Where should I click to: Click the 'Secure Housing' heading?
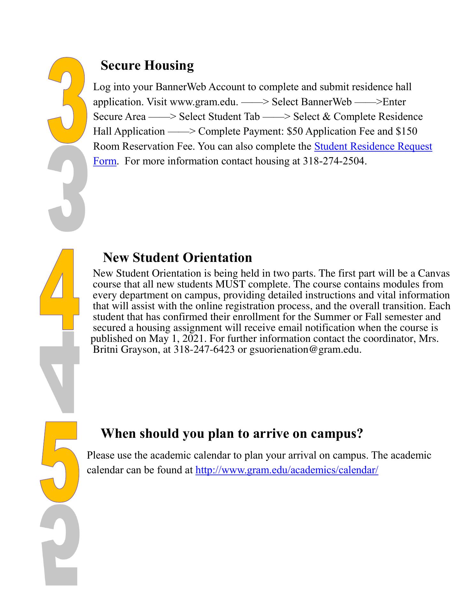(x=147, y=65)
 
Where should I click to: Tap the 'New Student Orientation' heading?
(x=177, y=257)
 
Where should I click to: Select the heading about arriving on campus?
(x=232, y=433)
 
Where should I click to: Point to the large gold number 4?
(x=60, y=289)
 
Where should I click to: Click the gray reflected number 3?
(x=67, y=189)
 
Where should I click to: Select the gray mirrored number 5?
(x=60, y=547)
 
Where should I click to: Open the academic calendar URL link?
(x=287, y=470)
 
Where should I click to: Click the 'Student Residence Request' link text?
(x=373, y=146)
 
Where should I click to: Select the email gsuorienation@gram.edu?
(x=305, y=350)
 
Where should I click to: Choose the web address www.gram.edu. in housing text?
(x=204, y=102)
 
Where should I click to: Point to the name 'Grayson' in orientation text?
(x=139, y=350)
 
